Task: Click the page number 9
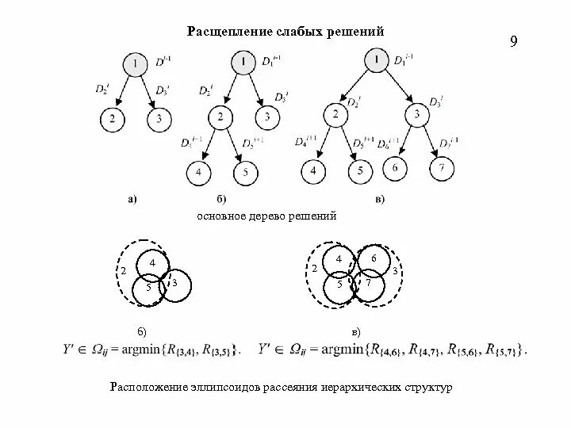tap(513, 41)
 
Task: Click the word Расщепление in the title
tap(223, 32)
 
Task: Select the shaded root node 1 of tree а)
tap(136, 64)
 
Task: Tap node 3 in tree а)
tap(159, 120)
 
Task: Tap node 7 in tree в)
tap(441, 169)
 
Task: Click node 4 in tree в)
tap(314, 170)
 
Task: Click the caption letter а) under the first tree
tap(132, 200)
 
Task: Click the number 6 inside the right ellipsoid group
tap(375, 258)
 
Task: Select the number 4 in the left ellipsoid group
tap(152, 262)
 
